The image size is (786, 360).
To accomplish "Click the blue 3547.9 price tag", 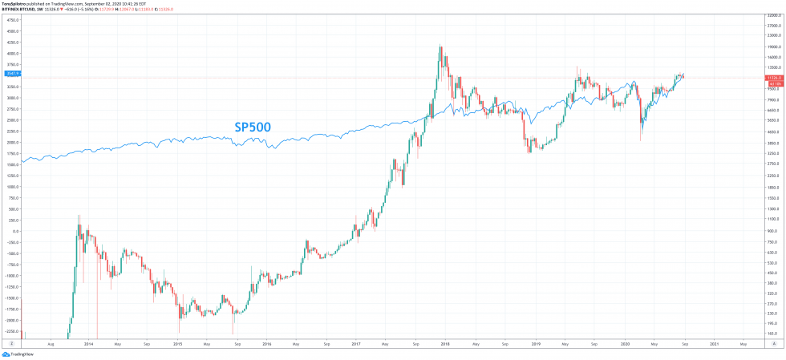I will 11,73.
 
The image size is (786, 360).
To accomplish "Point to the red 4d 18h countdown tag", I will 775,83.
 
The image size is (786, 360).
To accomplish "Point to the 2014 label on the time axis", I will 87,344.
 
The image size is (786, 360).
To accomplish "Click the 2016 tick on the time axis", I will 266,344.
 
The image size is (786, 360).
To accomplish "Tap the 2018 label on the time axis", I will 444,344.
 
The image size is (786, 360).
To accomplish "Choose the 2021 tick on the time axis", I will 713,344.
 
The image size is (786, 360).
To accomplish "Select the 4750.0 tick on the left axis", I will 11,20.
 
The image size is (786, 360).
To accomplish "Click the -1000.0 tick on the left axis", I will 10,275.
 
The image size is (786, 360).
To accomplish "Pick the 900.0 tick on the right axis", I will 773,231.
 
